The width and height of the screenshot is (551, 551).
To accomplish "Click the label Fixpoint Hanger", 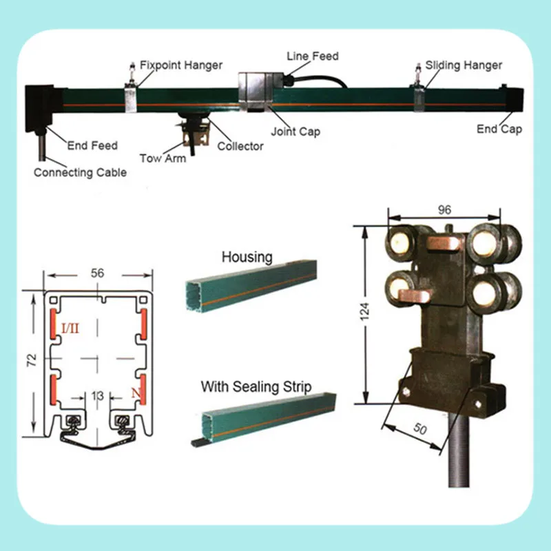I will (x=181, y=65).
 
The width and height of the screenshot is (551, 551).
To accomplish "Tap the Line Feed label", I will (x=312, y=56).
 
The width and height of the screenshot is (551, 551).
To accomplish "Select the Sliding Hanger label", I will (x=464, y=65).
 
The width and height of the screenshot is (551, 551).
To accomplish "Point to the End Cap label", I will (x=499, y=129).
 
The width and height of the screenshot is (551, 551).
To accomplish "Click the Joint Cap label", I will (x=295, y=131).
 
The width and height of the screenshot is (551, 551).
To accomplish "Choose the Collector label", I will (x=240, y=146).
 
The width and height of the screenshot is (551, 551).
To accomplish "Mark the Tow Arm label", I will (x=160, y=158).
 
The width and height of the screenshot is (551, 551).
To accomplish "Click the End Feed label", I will (x=92, y=145).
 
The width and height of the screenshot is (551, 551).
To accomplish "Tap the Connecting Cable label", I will (x=80, y=172).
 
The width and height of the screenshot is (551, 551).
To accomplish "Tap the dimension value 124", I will (x=365, y=311).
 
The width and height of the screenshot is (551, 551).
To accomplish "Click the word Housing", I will (x=247, y=257).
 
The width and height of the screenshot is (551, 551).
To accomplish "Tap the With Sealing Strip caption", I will (x=256, y=387).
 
